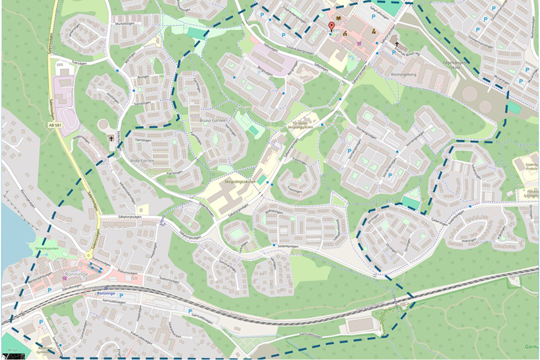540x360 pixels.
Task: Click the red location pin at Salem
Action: coord(331,26)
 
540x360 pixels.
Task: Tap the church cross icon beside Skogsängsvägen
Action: coord(112,139)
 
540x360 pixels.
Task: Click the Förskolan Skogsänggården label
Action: coord(304,124)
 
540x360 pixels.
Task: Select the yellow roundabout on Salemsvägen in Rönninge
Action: coord(88,255)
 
